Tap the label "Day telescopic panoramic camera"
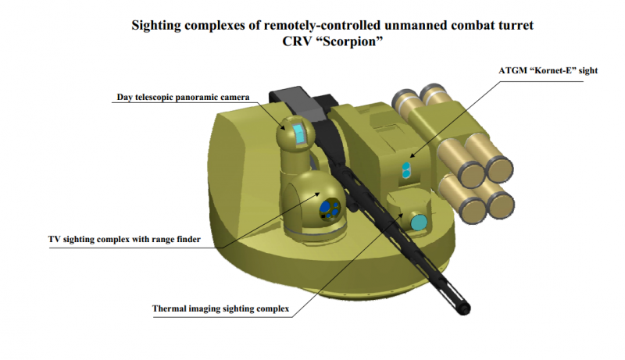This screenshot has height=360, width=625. [x=183, y=98]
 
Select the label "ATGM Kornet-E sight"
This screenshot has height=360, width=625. [x=548, y=70]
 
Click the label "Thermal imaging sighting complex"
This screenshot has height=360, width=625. [x=220, y=308]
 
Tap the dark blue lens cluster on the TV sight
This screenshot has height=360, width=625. [x=330, y=207]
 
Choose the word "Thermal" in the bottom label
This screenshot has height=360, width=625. [x=172, y=308]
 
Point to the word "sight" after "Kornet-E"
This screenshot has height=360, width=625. [x=587, y=70]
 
